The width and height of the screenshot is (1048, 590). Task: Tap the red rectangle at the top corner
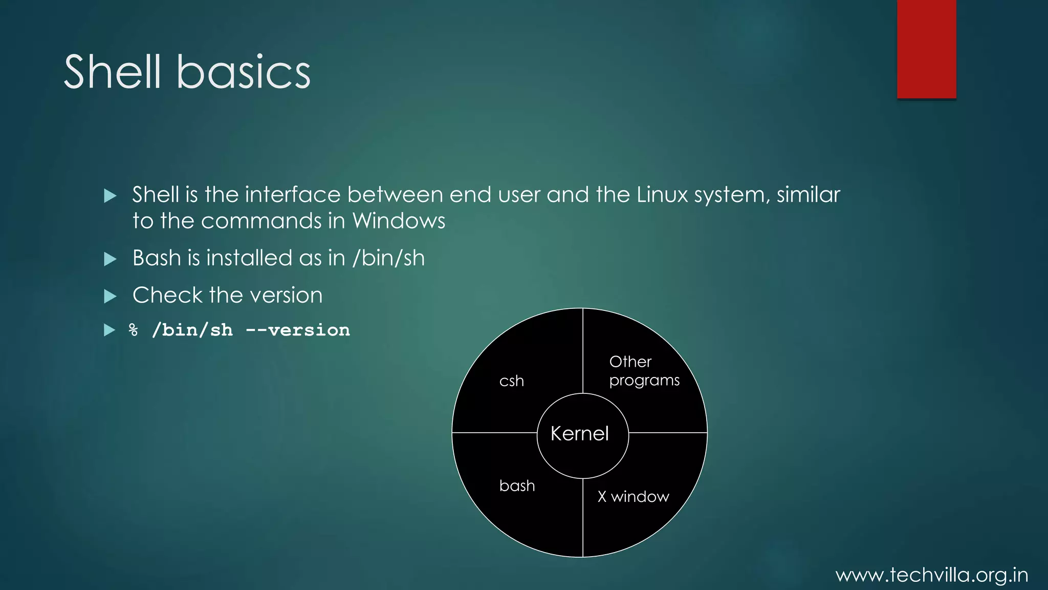[926, 49]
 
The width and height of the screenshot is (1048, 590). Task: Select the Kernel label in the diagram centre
[580, 434]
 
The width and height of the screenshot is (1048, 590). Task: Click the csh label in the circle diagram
[512, 381]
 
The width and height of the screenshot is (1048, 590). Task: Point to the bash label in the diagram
[517, 486]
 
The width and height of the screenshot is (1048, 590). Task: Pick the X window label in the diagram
[634, 496]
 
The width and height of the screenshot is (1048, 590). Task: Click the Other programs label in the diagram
[644, 371]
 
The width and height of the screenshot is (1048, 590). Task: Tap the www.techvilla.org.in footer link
[932, 575]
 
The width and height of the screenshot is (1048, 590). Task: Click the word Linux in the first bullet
[662, 195]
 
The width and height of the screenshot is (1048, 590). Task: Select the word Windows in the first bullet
[399, 221]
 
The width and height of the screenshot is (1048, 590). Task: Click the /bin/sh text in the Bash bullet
[389, 258]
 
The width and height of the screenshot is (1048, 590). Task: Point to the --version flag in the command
[298, 330]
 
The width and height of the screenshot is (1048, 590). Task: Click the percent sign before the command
[134, 330]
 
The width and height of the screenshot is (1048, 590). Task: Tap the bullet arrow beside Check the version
[110, 296]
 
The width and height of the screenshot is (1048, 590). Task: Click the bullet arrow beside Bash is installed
[110, 259]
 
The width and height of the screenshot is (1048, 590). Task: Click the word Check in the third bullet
[167, 296]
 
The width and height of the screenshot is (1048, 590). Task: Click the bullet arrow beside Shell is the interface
[110, 196]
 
